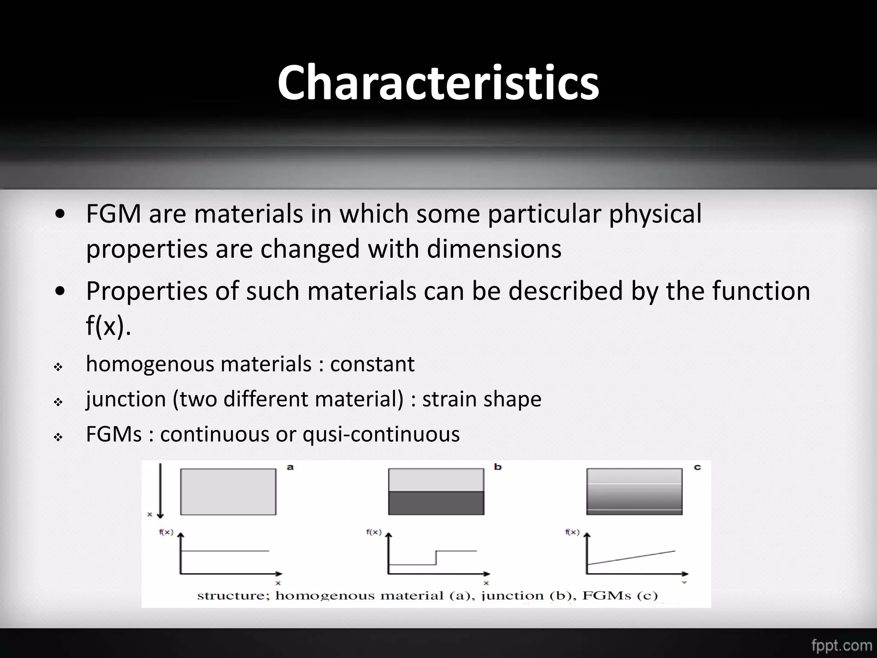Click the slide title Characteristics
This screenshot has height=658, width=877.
(438, 82)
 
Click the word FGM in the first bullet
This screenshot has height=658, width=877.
(113, 214)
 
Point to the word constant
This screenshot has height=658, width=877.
(372, 364)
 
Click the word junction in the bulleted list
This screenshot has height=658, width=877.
(126, 399)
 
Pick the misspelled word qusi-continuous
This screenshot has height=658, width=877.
(381, 434)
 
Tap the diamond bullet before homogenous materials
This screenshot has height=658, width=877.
(58, 367)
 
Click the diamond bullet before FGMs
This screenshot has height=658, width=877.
(58, 437)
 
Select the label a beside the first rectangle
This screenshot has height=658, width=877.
(290, 467)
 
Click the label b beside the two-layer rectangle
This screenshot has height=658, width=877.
(498, 467)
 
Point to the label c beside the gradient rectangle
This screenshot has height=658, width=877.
(697, 467)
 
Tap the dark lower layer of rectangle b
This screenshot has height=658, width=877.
(436, 503)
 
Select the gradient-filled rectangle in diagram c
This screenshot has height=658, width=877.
(634, 491)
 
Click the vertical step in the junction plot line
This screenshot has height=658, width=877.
(436, 558)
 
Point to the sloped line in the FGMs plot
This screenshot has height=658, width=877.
(632, 558)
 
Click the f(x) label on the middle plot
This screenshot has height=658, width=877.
(373, 532)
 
